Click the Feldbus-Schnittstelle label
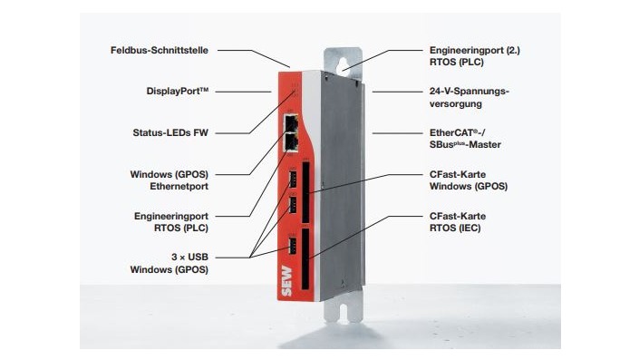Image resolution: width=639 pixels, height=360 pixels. pyautogui.click(x=160, y=50)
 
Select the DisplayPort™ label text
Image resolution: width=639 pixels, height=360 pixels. pyautogui.click(x=177, y=91)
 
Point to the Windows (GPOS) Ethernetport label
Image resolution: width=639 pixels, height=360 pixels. pyautogui.click(x=170, y=180)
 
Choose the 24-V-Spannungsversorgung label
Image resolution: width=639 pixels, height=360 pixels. pyautogui.click(x=469, y=97)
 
